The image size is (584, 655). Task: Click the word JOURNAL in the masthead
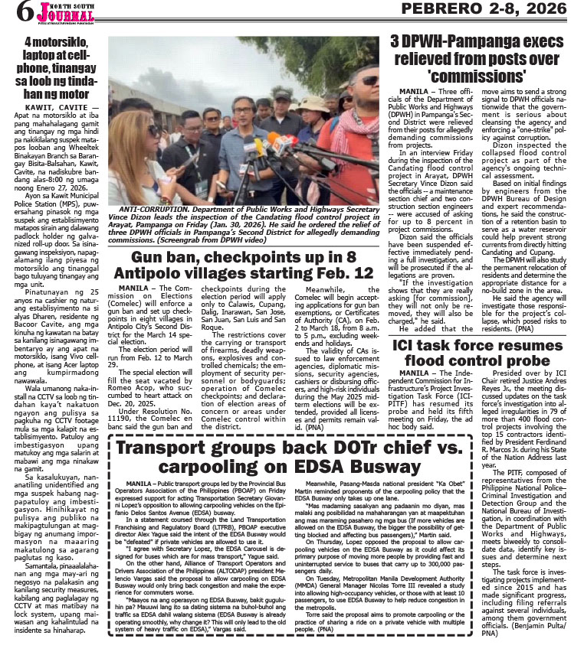58,15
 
